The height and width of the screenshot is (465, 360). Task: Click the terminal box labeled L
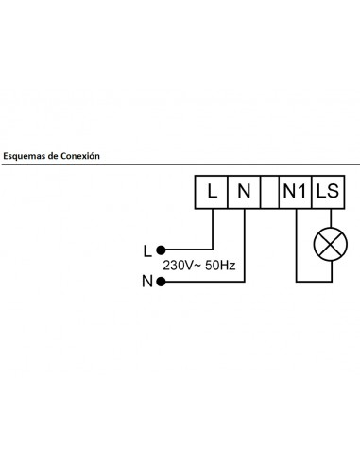212,192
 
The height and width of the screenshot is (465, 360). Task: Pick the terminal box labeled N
244,192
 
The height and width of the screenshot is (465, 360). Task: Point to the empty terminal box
269,192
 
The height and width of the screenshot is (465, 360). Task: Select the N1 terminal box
296,192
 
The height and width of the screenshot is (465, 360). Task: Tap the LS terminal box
329,192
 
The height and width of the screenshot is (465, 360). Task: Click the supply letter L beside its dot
146,250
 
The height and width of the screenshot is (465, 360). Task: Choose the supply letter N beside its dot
146,281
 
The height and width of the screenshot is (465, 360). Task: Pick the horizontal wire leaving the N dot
203,281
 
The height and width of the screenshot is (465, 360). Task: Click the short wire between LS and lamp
329,217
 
